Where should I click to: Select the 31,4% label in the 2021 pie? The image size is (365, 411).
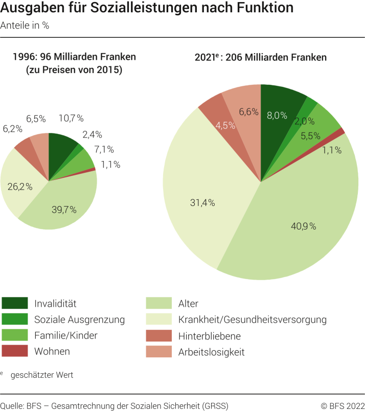pyautogui.click(x=202, y=203)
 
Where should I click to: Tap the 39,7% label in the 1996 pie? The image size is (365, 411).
pyautogui.click(x=64, y=209)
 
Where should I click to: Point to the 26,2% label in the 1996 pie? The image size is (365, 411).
pyautogui.click(x=20, y=187)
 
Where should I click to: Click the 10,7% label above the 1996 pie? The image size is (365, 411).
pyautogui.click(x=71, y=119)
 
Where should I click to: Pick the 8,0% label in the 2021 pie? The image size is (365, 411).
pyautogui.click(x=277, y=116)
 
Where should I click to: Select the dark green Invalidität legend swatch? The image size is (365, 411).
pyautogui.click(x=14, y=304)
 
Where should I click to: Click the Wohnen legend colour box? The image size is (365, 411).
pyautogui.click(x=14, y=351)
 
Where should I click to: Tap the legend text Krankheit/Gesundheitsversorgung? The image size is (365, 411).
pyautogui.click(x=253, y=319)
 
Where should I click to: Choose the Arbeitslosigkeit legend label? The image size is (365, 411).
pyautogui.click(x=211, y=352)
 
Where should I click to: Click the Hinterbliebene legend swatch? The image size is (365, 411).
pyautogui.click(x=158, y=335)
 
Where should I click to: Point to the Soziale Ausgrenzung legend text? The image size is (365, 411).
pyautogui.click(x=79, y=319)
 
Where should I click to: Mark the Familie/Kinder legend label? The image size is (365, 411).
pyautogui.click(x=66, y=335)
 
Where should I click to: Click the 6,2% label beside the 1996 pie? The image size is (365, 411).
pyautogui.click(x=13, y=129)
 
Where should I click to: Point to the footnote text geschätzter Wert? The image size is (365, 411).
pyautogui.click(x=42, y=375)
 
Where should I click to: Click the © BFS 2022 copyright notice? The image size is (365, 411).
pyautogui.click(x=343, y=405)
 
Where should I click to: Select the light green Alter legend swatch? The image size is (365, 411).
pyautogui.click(x=158, y=304)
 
